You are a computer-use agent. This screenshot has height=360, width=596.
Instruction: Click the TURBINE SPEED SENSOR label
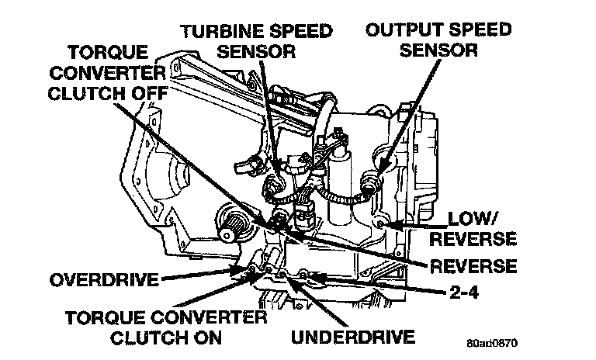(258, 41)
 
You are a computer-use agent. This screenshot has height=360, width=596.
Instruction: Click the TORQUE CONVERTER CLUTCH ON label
(165, 327)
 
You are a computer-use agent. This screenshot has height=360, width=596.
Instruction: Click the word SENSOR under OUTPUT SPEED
(439, 51)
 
